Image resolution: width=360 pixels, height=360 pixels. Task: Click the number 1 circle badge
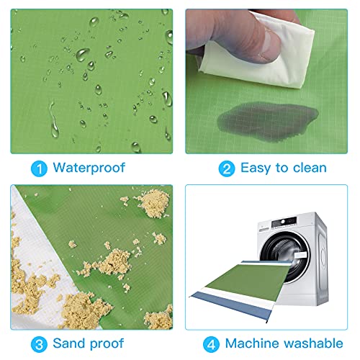39,168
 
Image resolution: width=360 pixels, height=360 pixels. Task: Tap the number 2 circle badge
227,168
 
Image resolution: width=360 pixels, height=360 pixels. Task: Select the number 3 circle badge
39,344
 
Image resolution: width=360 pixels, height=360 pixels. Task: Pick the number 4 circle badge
211,344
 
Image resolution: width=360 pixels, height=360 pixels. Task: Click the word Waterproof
89,168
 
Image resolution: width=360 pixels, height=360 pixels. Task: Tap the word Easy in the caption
256,168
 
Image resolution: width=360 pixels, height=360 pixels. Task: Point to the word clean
310,168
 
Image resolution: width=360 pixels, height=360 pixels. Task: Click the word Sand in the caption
69,343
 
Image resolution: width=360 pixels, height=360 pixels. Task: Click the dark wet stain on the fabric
268,121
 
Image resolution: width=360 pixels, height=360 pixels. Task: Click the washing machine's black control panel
284,222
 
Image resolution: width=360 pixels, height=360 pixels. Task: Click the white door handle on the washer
301,255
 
